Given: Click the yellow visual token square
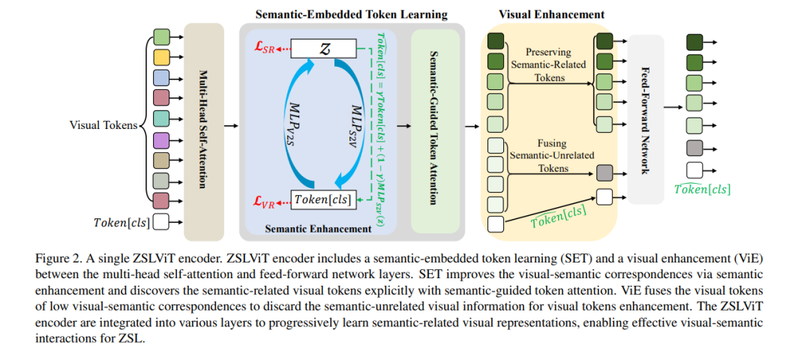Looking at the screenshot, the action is pyautogui.click(x=162, y=57).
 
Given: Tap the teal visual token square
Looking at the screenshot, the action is pyautogui.click(x=162, y=119).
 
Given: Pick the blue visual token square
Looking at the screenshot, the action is pyautogui.click(x=162, y=78).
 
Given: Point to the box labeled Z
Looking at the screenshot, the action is pyautogui.click(x=323, y=49).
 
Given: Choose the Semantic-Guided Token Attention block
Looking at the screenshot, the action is pyautogui.click(x=435, y=131).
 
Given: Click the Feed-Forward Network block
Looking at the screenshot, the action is pyautogui.click(x=645, y=120).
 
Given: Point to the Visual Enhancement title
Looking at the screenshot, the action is pyautogui.click(x=551, y=14).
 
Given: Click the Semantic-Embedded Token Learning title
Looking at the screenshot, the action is pyautogui.click(x=351, y=14).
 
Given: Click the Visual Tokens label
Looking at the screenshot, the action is pyautogui.click(x=103, y=124).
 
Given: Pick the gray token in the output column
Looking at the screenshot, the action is pyautogui.click(x=694, y=148).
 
